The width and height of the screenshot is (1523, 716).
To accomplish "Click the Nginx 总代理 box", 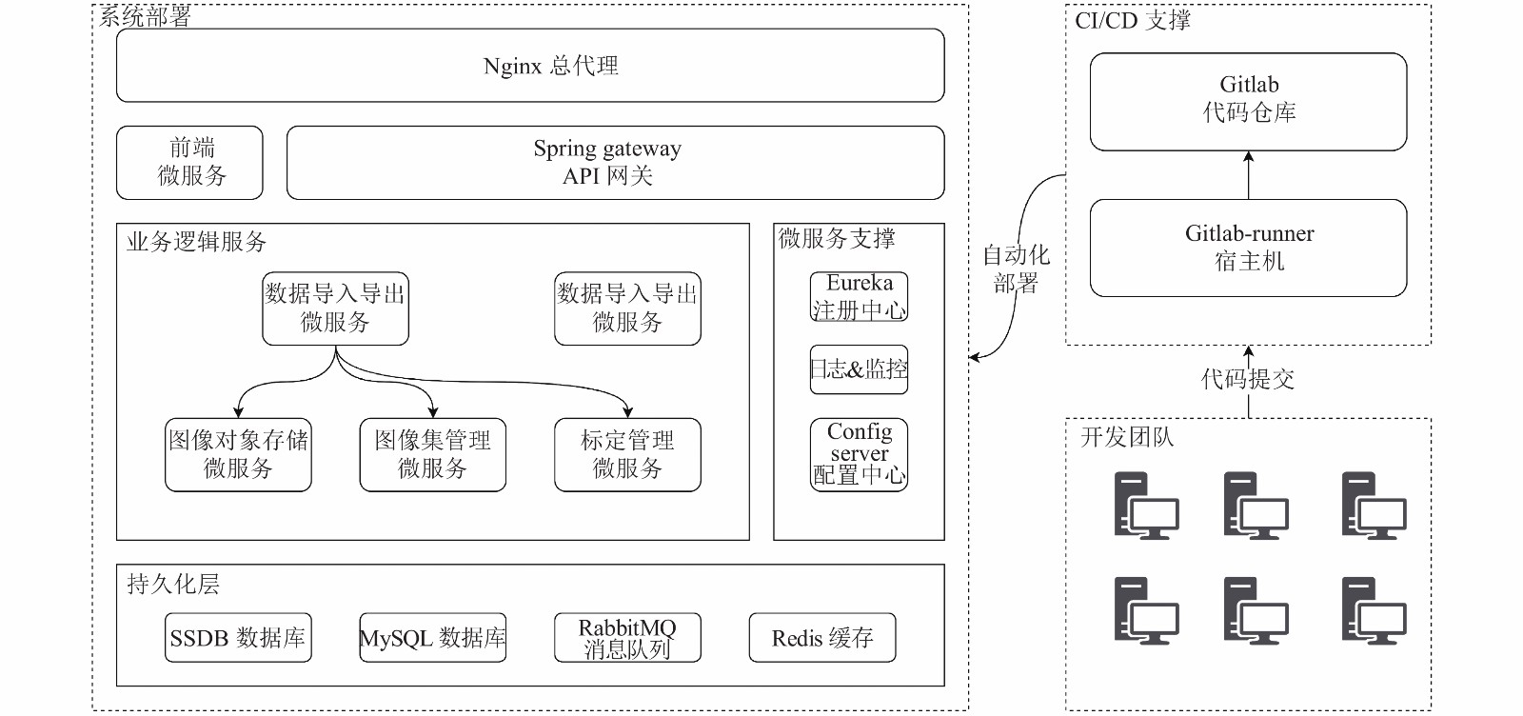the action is click(x=530, y=66).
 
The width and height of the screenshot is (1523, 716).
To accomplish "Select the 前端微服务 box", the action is click(x=189, y=163).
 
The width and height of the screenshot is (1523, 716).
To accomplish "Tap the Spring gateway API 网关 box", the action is click(x=615, y=163).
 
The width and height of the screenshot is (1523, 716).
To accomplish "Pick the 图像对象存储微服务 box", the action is click(x=238, y=454).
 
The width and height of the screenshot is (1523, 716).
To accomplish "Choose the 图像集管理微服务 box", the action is click(x=432, y=454).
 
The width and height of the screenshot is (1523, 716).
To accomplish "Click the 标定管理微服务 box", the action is click(x=627, y=454).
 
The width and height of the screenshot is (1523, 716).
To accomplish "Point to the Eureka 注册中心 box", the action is click(x=859, y=296).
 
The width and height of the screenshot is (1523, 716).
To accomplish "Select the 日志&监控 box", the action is click(x=859, y=369).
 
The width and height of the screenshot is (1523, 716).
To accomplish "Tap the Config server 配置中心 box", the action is click(x=859, y=454).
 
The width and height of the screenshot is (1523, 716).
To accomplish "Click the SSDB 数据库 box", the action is click(x=238, y=637).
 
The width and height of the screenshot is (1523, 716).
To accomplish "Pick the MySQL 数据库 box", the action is click(x=432, y=637).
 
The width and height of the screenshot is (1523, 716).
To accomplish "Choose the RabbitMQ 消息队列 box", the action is click(x=627, y=637).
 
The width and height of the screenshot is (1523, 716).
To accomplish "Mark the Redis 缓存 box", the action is click(x=822, y=637).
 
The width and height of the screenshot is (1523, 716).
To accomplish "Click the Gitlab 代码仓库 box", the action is click(x=1248, y=102).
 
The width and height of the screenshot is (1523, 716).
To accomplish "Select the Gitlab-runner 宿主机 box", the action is click(x=1248, y=248).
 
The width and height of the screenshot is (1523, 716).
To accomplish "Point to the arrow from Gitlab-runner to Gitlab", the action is click(x=1248, y=175).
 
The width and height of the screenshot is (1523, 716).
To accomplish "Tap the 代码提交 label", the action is click(x=1248, y=379).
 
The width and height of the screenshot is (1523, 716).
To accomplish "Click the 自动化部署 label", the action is click(x=1016, y=268).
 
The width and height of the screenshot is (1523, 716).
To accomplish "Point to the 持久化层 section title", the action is click(x=172, y=584).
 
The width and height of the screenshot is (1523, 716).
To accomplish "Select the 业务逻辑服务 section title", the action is click(x=196, y=242).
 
